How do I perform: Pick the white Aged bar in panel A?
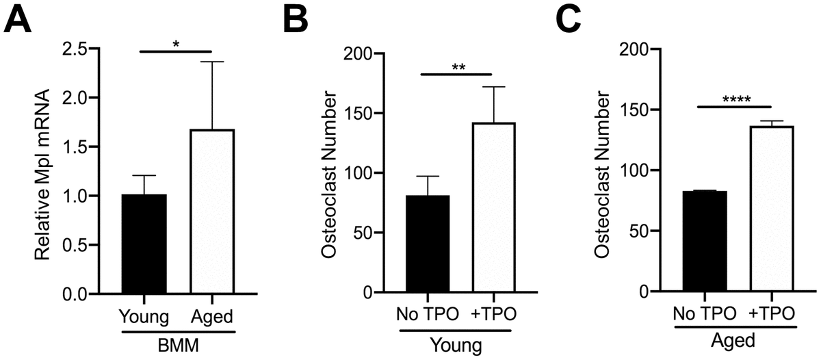(212, 212)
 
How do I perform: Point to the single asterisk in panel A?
(176, 45)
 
